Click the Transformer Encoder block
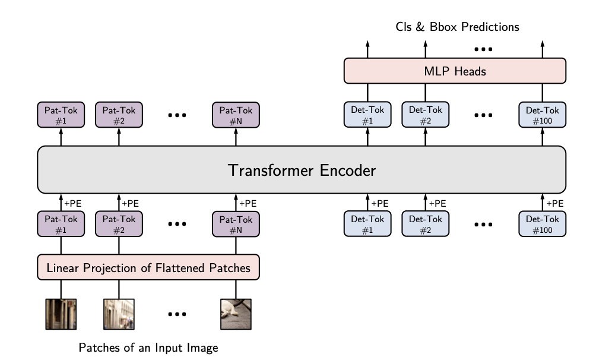(x=302, y=170)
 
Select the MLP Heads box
(x=455, y=72)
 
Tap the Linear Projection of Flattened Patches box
(x=149, y=268)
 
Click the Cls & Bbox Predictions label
(x=457, y=27)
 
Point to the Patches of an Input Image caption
(x=148, y=348)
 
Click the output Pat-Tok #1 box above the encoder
(x=61, y=115)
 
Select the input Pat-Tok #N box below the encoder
(x=236, y=224)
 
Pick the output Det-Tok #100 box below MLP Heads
(x=543, y=115)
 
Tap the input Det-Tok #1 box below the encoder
(x=367, y=224)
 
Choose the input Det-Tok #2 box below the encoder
(x=426, y=224)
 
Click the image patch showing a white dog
(x=236, y=314)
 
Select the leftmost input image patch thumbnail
(x=61, y=314)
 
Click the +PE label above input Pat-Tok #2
(x=131, y=203)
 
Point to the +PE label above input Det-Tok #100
(x=554, y=203)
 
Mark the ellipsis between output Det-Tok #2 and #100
(x=484, y=115)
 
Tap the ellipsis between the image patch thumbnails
(x=177, y=314)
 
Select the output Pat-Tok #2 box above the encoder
(x=119, y=115)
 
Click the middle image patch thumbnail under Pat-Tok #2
(x=119, y=314)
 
